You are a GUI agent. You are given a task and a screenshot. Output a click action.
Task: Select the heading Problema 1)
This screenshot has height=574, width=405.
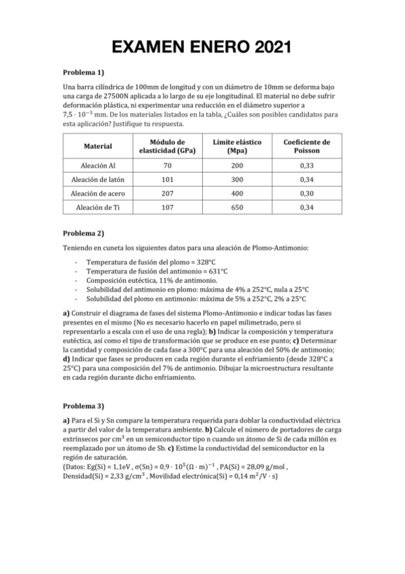[83, 72]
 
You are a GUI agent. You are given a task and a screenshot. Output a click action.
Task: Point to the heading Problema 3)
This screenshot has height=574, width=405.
[83, 406]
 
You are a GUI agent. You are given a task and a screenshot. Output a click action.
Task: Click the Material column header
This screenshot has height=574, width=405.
[97, 146]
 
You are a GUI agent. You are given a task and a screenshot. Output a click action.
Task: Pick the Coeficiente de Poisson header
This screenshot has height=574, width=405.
[306, 146]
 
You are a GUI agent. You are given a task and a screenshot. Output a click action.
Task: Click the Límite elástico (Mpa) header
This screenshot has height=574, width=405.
[236, 146]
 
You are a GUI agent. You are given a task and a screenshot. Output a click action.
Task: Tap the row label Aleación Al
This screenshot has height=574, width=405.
[97, 164]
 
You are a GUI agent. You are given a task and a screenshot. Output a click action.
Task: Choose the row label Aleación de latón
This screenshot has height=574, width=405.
[97, 179]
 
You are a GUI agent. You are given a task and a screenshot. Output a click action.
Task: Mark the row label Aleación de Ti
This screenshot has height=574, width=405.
[97, 207]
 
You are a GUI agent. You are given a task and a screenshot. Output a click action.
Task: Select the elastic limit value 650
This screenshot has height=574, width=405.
[236, 207]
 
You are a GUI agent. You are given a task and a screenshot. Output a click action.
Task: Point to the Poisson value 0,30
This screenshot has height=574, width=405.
[306, 193]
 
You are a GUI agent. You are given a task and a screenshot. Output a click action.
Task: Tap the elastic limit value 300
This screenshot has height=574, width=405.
[236, 179]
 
